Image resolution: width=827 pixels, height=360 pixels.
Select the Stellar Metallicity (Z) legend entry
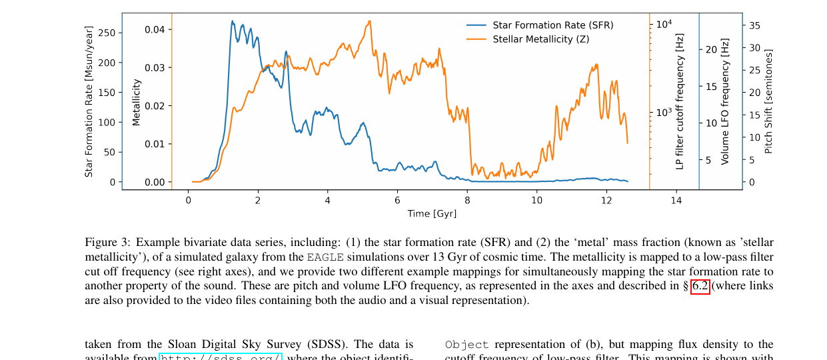[x=540, y=39]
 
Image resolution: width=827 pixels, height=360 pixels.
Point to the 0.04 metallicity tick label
[x=155, y=29]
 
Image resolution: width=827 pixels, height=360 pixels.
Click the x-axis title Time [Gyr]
[x=432, y=213]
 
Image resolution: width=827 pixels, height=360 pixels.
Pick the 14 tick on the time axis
[x=676, y=201]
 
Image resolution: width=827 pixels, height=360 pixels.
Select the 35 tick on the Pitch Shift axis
[x=755, y=25]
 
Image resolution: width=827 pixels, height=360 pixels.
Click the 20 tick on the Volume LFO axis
[x=711, y=49]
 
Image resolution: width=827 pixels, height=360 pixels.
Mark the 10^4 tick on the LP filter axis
[x=664, y=25]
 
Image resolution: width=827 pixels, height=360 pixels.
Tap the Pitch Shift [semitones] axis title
[x=768, y=101]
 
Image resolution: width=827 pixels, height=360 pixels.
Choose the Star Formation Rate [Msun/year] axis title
[x=89, y=101]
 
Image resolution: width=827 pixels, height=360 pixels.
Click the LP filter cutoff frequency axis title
[x=680, y=101]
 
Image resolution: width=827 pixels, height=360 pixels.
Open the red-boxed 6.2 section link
[x=700, y=286]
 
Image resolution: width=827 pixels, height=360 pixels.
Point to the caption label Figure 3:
[x=107, y=243]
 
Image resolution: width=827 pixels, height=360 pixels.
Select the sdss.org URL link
[x=221, y=357]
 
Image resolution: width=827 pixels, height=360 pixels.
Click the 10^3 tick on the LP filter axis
[x=664, y=113]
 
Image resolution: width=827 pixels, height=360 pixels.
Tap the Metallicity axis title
[x=137, y=102]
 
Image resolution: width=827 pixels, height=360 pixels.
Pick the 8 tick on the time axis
[x=467, y=201]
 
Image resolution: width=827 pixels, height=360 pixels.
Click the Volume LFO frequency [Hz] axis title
[x=725, y=101]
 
